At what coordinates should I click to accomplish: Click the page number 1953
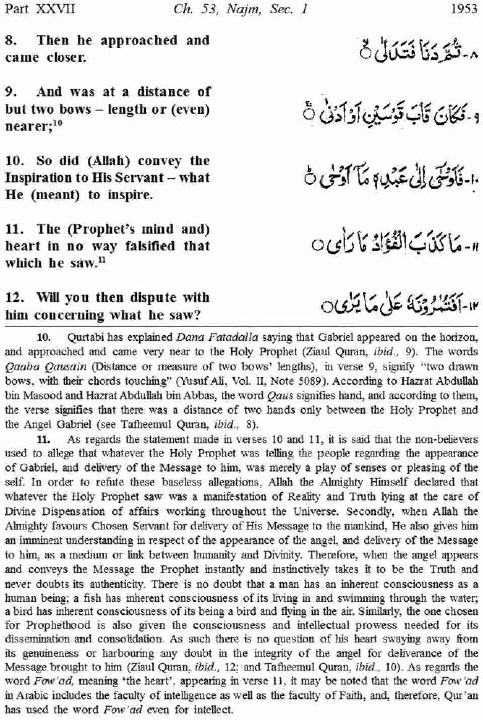(464, 9)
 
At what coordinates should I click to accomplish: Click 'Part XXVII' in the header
(40, 9)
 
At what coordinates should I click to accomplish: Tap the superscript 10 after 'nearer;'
(58, 122)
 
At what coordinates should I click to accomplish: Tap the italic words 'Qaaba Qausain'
(46, 366)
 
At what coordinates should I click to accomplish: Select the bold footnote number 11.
(44, 439)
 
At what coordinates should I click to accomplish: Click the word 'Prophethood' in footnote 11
(58, 625)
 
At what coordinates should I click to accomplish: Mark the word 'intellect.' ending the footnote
(213, 710)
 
